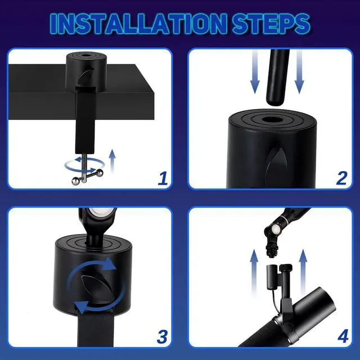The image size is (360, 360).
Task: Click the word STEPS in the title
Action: click(271, 24)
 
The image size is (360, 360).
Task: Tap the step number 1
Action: click(163, 178)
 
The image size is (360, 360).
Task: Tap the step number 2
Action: click(341, 178)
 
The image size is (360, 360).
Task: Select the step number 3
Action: click(162, 337)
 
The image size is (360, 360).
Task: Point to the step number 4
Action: click(343, 337)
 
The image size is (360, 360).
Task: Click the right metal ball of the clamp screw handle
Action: click(100, 172)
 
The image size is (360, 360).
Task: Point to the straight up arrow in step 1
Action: click(112, 161)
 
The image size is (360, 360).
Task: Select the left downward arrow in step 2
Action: click(255, 72)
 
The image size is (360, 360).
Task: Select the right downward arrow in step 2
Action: click(299, 72)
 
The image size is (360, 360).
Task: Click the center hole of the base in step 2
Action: click(273, 120)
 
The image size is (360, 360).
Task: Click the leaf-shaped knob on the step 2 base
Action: click(276, 163)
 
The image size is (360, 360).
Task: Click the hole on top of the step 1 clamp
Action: click(87, 56)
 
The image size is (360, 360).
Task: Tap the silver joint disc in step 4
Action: click(276, 229)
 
